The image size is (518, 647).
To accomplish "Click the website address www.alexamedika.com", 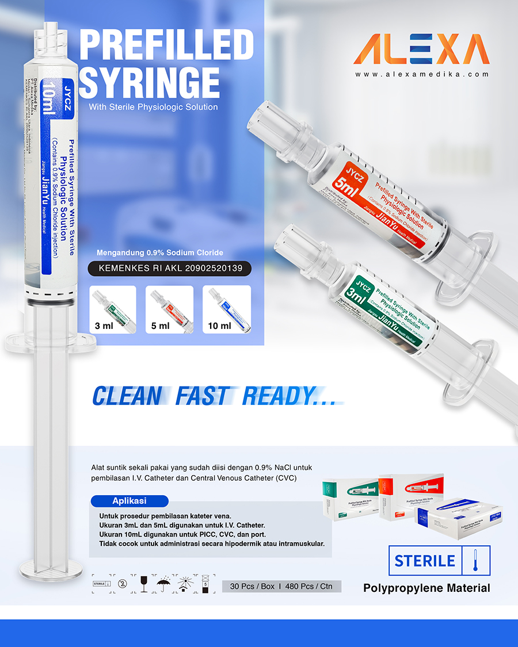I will tap(422, 75).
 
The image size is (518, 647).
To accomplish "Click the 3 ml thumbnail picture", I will tap(113, 309).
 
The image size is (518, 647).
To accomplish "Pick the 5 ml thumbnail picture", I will tap(171, 309).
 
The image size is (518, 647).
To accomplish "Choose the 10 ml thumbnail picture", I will tap(227, 309).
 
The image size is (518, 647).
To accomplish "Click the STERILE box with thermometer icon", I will tap(440, 560).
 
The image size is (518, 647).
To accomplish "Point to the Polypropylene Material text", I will tap(426, 588).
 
